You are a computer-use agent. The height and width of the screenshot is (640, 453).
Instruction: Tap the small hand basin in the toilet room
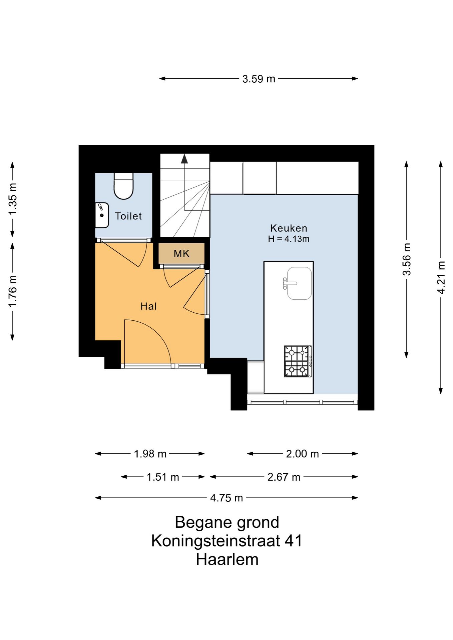[102, 215]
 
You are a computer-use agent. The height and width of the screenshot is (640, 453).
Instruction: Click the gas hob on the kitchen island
[298, 361]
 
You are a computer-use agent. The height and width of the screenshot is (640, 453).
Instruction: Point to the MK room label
[181, 254]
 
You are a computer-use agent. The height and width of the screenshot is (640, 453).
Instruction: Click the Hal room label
[148, 306]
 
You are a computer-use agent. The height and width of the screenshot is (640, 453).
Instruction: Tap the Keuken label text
[289, 228]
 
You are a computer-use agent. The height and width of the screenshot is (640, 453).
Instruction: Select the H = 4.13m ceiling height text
[289, 239]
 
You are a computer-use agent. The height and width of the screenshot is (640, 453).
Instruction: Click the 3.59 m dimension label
[259, 79]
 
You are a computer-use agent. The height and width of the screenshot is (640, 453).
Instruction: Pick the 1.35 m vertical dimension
[12, 199]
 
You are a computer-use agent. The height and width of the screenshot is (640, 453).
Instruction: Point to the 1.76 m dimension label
[12, 291]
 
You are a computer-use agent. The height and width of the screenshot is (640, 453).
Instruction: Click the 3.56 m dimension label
[407, 259]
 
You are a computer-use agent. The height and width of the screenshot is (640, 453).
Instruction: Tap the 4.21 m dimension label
[441, 278]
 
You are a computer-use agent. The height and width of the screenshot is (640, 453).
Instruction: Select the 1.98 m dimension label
[150, 454]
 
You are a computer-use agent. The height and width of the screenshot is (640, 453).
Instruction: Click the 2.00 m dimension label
[303, 454]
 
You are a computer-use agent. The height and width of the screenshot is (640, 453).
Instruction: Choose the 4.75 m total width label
[226, 498]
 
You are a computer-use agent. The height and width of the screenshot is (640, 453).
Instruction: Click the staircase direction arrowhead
[184, 159]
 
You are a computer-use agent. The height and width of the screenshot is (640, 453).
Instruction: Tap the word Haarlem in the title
[227, 559]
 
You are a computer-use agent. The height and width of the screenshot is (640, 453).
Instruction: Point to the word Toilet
[128, 216]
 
